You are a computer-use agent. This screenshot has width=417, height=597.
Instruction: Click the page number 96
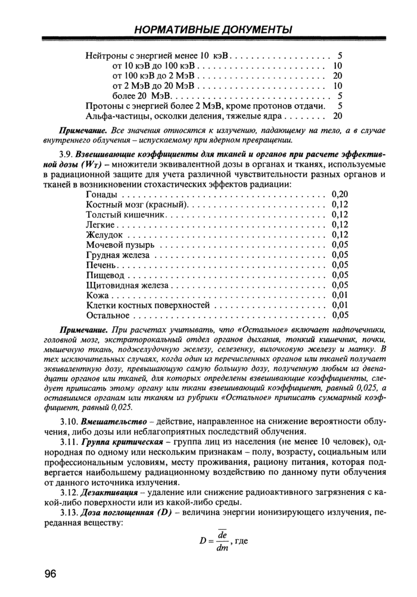pos(49,574)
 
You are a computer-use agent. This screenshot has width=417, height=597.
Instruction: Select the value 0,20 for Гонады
pos(339,194)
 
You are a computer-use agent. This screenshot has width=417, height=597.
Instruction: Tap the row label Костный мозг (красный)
pos(137,204)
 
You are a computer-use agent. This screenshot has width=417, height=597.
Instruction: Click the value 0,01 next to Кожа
pos(339,295)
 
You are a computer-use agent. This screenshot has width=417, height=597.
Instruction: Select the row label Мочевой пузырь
pos(121,244)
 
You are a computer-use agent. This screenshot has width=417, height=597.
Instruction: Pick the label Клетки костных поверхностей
pos(148,305)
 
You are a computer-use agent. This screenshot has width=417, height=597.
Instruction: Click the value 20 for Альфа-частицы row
pos(338,116)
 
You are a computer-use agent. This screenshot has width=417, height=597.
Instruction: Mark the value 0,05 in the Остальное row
pos(339,315)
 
